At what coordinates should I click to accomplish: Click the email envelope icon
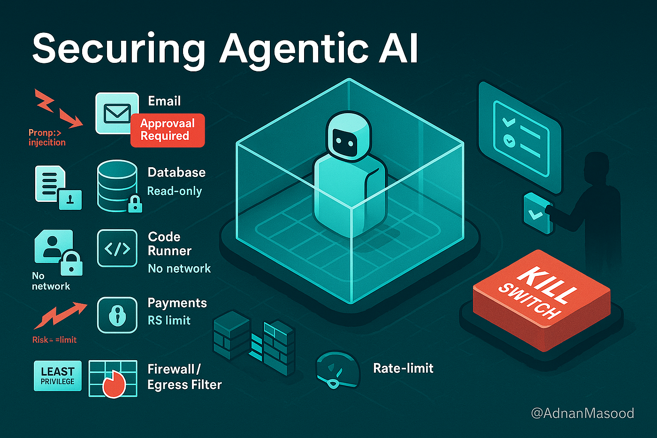click(x=117, y=113)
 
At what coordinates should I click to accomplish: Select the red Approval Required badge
click(x=168, y=130)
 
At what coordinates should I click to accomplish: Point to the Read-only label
click(x=175, y=191)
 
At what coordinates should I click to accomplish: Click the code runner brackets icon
click(x=117, y=248)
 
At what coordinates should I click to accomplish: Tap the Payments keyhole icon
click(x=117, y=315)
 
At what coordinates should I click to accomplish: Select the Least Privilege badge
click(x=57, y=376)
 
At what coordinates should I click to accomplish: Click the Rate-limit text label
click(x=403, y=368)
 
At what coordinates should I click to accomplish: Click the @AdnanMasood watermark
click(x=582, y=413)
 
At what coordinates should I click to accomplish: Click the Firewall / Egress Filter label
click(x=184, y=377)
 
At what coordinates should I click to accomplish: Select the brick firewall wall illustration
click(x=254, y=343)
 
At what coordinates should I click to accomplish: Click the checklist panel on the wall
click(x=519, y=138)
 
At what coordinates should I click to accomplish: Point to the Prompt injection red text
click(x=46, y=138)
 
